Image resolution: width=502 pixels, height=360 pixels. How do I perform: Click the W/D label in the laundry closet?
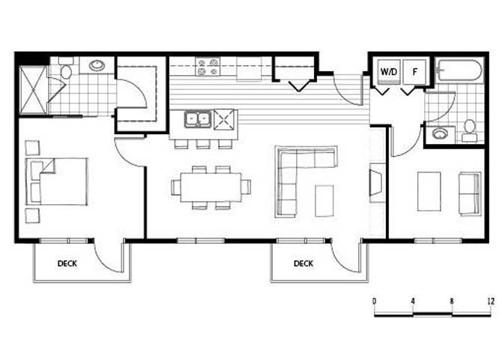(x=389, y=71)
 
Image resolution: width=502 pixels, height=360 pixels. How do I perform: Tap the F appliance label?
(x=415, y=71)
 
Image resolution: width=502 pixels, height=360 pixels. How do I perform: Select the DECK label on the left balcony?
(x=67, y=263)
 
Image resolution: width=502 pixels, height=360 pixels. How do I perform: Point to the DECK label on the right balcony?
(x=303, y=263)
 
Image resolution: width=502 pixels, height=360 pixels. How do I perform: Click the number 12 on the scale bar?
(x=491, y=301)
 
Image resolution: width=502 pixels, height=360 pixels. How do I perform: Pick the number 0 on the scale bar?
(x=375, y=301)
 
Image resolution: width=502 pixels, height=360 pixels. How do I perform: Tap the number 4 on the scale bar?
(x=413, y=301)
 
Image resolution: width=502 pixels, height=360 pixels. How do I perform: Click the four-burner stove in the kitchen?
(x=208, y=67)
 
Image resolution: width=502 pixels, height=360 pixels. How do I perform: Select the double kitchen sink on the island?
(x=198, y=119)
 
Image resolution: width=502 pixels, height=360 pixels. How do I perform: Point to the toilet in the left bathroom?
(x=66, y=68)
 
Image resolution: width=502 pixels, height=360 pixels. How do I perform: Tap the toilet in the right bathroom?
(x=470, y=130)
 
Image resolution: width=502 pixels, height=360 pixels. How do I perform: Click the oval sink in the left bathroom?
(x=97, y=65)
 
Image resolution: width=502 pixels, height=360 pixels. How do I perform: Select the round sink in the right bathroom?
(x=439, y=133)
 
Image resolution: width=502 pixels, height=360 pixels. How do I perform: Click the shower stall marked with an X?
(x=33, y=90)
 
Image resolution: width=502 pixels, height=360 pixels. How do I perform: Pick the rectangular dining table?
(x=211, y=187)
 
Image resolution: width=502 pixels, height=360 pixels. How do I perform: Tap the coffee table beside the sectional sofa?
(x=324, y=201)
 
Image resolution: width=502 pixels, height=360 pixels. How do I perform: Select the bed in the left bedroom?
(x=57, y=181)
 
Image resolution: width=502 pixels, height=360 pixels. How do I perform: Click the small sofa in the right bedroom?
(x=471, y=194)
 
